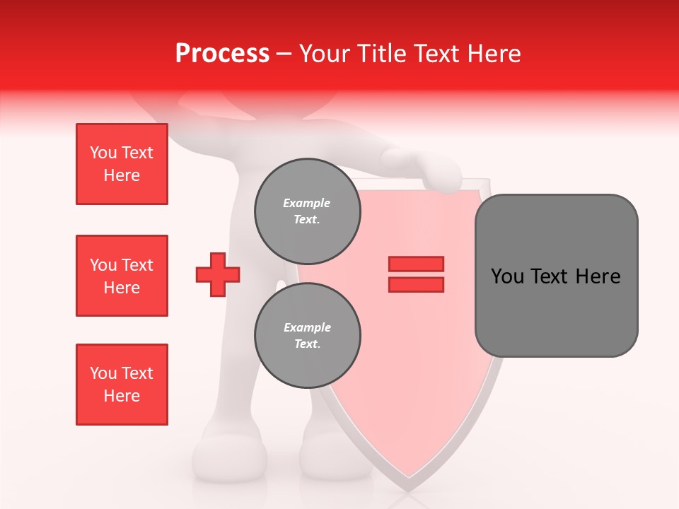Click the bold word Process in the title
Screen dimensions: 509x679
click(222, 53)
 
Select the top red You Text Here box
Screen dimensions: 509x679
click(122, 164)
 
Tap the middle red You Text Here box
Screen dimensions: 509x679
click(122, 276)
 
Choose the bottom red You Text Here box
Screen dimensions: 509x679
click(122, 385)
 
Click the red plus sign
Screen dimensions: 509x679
click(218, 275)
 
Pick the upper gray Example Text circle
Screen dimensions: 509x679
click(308, 211)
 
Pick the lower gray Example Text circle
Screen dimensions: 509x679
click(308, 335)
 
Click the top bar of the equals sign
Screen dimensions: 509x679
click(416, 264)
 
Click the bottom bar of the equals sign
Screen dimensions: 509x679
click(416, 285)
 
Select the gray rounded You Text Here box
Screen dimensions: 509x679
click(556, 275)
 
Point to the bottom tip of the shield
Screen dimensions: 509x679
click(409, 488)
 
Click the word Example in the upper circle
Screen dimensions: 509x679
click(307, 203)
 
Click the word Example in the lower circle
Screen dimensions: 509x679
click(307, 327)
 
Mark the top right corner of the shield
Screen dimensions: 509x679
click(488, 182)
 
